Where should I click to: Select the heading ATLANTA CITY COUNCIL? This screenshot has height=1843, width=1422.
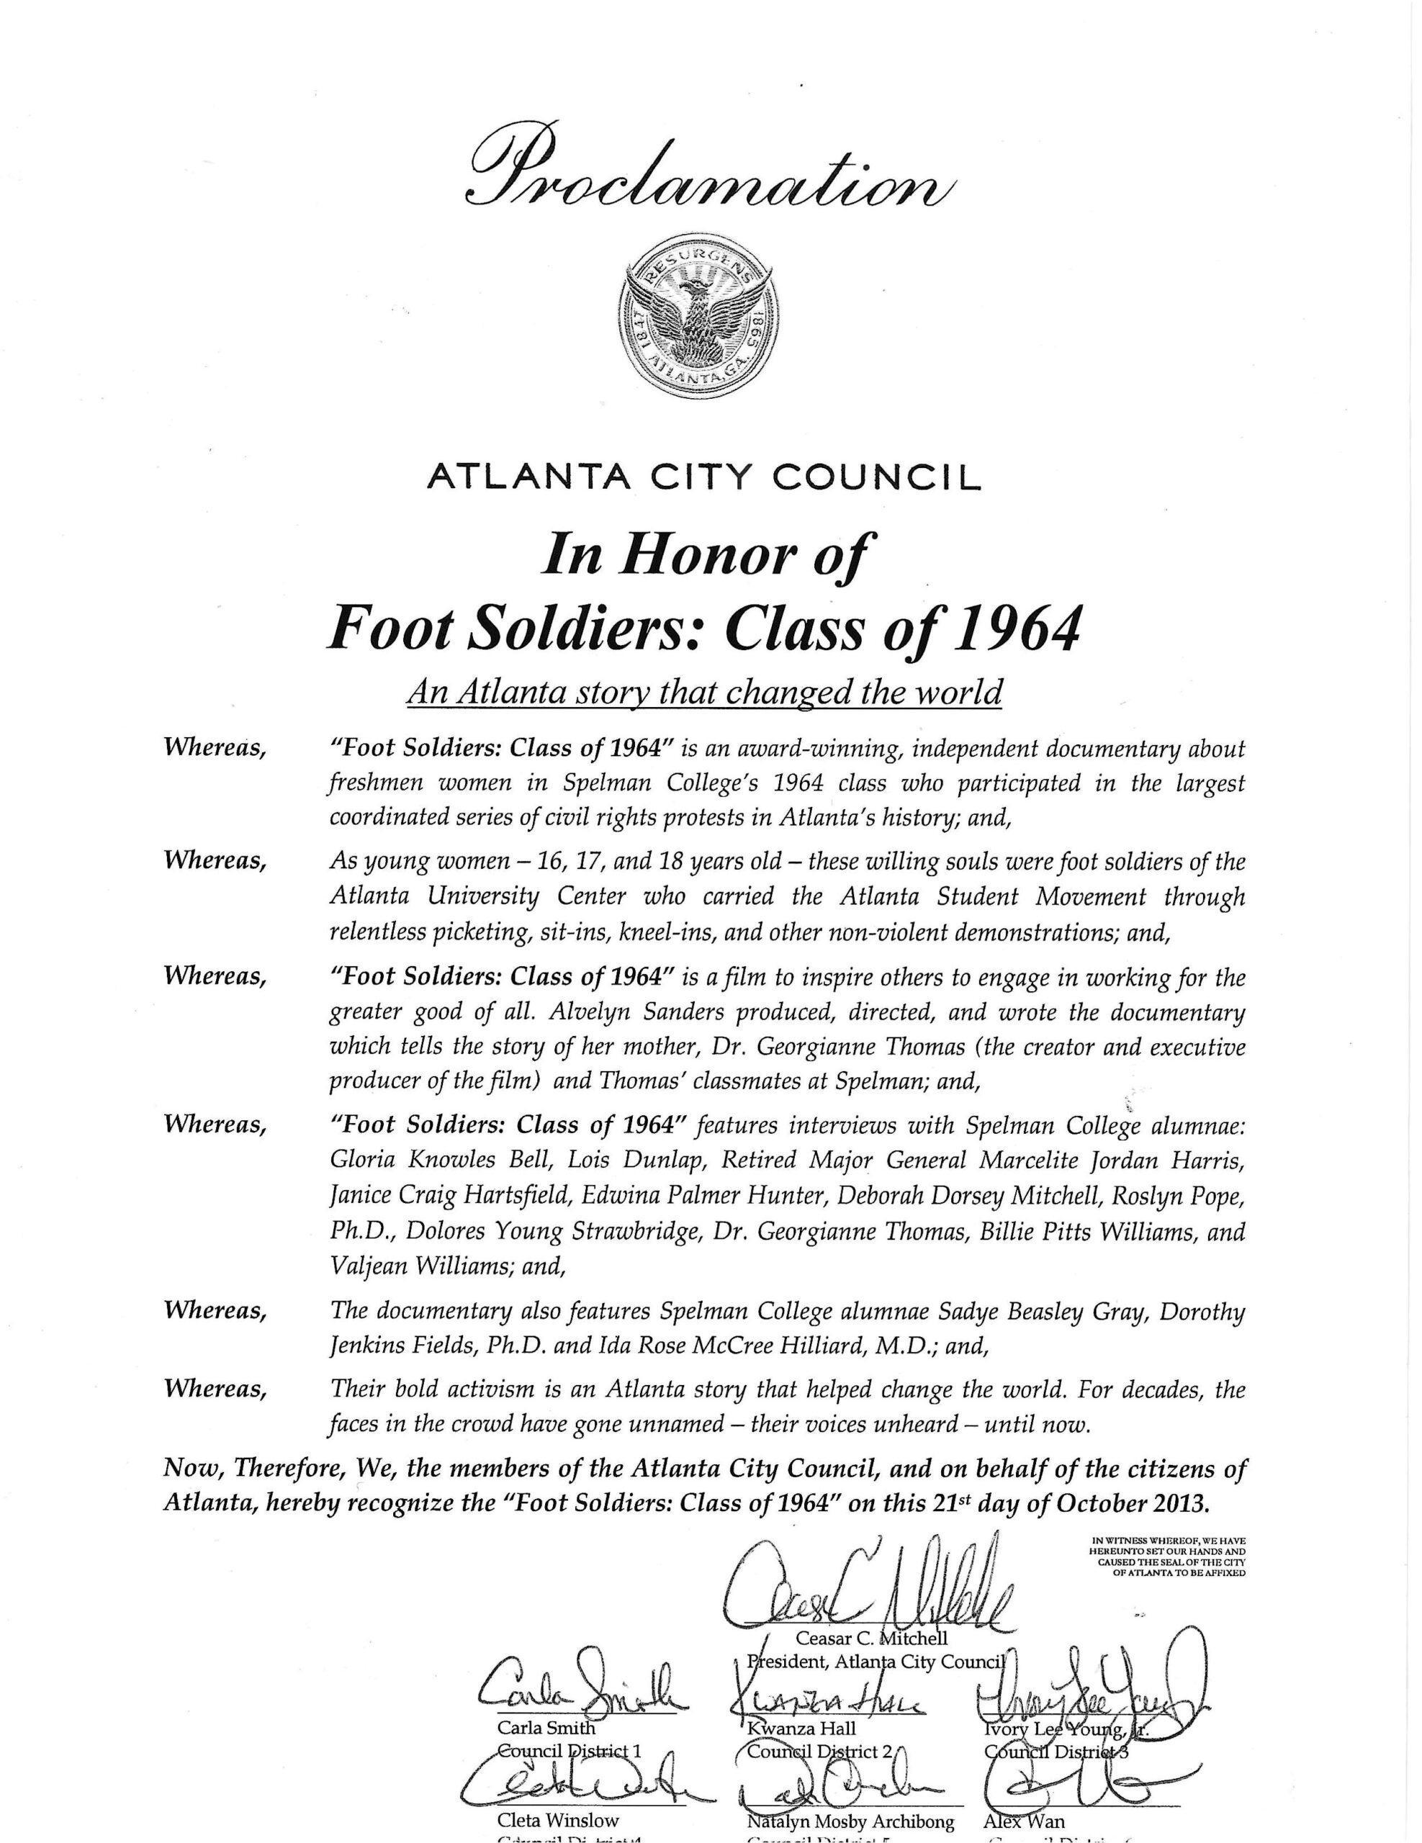[705, 479]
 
